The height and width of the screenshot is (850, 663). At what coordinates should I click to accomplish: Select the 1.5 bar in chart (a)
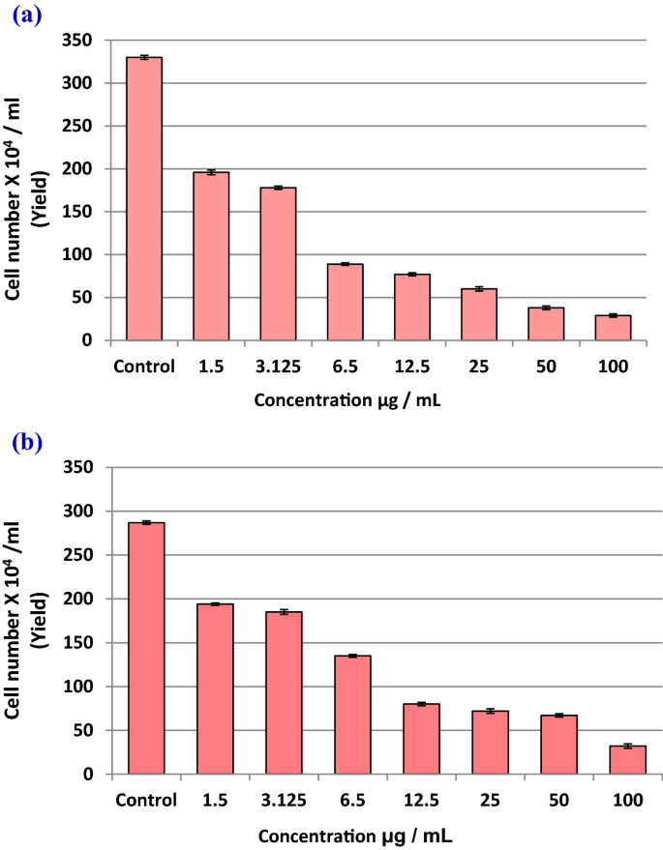coord(211,256)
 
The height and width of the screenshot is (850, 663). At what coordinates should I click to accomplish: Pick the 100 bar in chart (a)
coord(613,328)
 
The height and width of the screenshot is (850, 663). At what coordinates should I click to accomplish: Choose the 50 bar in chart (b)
coord(558,745)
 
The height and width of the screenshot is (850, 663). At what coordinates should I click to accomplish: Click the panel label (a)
coord(25,16)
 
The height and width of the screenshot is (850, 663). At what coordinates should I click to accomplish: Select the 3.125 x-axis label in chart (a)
coord(278,366)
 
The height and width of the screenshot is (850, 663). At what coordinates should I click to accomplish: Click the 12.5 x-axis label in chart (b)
coord(421,801)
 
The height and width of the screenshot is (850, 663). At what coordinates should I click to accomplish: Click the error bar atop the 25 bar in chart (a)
coord(479,288)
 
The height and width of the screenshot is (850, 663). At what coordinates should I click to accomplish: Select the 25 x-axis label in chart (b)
coord(490,801)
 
